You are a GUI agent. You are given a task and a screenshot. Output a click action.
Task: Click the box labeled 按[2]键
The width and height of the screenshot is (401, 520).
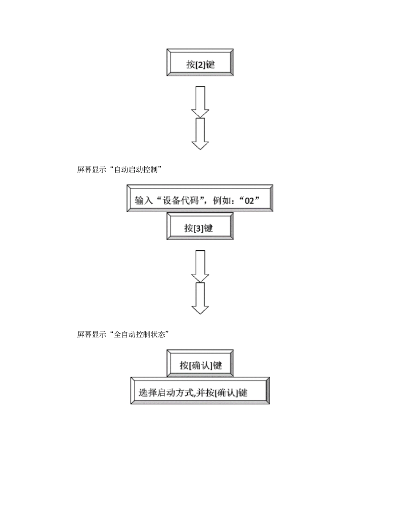click(200, 63)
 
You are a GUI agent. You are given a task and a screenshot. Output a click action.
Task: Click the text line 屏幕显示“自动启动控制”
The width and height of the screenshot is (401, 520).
click(120, 170)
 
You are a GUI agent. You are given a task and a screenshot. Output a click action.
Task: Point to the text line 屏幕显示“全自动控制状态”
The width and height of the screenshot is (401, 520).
click(123, 334)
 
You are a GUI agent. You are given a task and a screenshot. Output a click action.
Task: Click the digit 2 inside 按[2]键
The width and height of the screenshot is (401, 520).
click(201, 65)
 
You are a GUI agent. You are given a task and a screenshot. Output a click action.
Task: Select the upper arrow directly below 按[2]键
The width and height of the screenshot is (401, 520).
click(200, 102)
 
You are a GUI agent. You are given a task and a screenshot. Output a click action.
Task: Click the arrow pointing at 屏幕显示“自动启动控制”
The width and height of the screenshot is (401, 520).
click(200, 134)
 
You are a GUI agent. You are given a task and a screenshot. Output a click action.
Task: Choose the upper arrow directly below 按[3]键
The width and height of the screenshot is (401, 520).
click(200, 266)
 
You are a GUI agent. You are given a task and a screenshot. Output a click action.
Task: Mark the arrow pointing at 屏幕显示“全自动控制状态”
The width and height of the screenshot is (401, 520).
click(200, 298)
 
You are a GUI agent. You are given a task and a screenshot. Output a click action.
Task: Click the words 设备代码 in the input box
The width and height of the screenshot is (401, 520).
click(177, 200)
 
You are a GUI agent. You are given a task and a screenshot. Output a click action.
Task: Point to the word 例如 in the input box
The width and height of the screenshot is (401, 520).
click(219, 200)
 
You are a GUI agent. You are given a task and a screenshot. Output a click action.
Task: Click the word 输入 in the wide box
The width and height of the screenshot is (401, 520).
click(142, 200)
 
